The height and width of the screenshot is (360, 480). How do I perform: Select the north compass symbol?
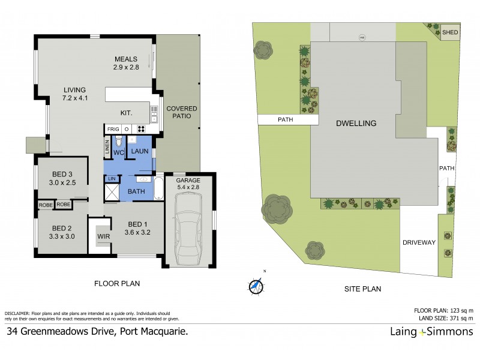[257, 287]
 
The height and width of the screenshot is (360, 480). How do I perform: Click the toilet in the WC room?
[119, 142]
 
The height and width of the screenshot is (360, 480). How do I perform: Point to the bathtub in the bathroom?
[158, 188]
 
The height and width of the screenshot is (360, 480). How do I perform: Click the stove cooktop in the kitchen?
[142, 129]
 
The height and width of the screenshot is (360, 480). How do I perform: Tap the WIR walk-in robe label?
[104, 237]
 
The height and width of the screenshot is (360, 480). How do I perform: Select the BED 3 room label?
[63, 178]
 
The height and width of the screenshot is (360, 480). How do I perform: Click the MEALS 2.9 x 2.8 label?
[127, 63]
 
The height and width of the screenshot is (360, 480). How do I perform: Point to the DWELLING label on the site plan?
[356, 123]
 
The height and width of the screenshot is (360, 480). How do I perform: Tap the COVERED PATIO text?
[182, 112]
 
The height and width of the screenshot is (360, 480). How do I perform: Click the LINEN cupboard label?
[107, 147]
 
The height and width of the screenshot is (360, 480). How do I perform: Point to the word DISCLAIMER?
[19, 314]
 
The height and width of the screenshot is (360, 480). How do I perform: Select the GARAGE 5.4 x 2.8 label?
[189, 184]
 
